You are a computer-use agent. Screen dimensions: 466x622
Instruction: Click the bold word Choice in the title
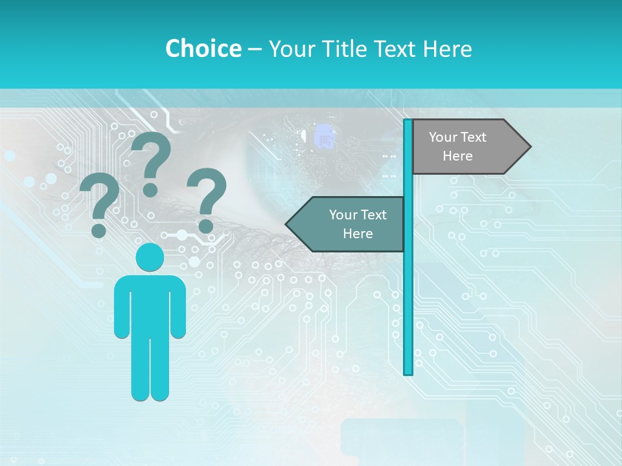(203, 49)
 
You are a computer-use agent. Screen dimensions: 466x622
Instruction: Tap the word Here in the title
(448, 49)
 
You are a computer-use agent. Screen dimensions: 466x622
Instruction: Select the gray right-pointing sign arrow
(466, 146)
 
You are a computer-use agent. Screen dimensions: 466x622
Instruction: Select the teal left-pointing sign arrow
(350, 224)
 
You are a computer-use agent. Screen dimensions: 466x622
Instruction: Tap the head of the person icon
(150, 258)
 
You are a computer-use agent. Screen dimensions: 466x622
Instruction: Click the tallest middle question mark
(152, 162)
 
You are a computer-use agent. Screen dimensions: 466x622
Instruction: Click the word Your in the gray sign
(443, 137)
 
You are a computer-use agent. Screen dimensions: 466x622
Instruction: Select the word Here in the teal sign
(358, 234)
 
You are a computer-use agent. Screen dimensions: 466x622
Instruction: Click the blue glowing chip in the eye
(324, 137)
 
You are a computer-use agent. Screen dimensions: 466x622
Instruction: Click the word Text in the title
(396, 49)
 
